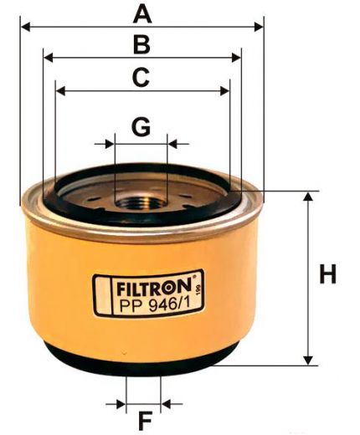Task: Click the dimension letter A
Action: [x=143, y=13]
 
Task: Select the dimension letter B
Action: [x=142, y=44]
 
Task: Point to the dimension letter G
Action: [x=141, y=127]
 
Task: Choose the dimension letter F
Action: [x=143, y=418]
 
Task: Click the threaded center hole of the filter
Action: [x=138, y=198]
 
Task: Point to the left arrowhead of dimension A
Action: [x=24, y=27]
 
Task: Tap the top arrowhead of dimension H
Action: [x=309, y=197]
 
